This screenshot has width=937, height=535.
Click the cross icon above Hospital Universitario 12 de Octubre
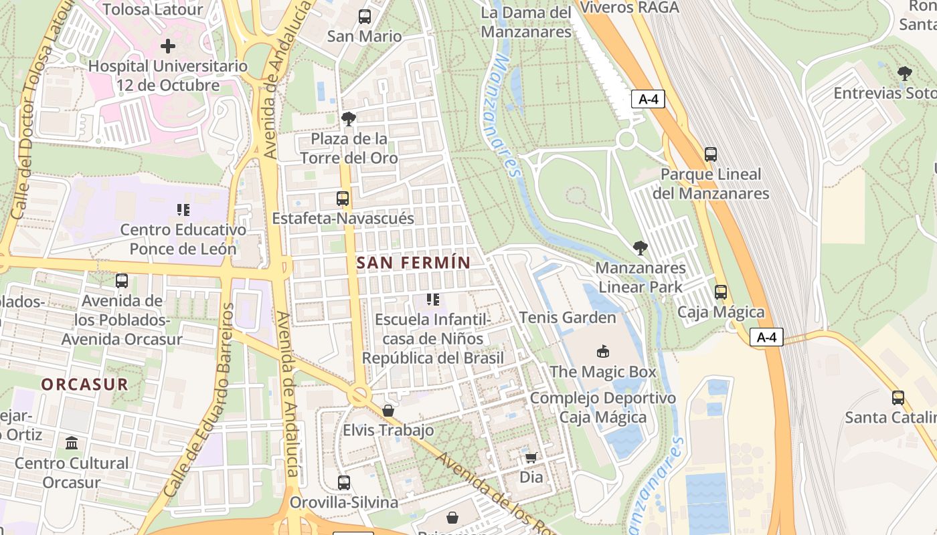point(168,46)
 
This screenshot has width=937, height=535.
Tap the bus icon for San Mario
point(364,17)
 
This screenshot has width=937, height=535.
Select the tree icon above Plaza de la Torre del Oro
point(348,119)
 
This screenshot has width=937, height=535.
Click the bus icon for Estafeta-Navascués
point(343,199)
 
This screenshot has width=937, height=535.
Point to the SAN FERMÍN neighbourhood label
point(414,263)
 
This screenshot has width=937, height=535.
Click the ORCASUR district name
point(84,385)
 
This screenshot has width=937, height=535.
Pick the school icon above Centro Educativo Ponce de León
point(183,210)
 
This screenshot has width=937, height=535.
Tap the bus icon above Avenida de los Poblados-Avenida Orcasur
point(122,281)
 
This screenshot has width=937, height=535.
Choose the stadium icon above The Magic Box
point(602,351)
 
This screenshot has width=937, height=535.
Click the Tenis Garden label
point(568,317)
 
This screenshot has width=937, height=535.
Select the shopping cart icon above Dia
point(531,457)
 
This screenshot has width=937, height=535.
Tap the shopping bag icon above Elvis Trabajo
point(388,410)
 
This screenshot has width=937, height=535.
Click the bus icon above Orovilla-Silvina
point(343,482)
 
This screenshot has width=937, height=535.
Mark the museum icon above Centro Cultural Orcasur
point(72,443)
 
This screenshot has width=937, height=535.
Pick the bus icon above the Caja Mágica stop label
point(721,292)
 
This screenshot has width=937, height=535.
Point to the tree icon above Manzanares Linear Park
point(640,248)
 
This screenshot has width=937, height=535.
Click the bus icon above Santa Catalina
point(898,398)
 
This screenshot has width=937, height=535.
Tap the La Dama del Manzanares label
point(526,22)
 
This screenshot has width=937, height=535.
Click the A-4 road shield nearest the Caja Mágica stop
point(766,338)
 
